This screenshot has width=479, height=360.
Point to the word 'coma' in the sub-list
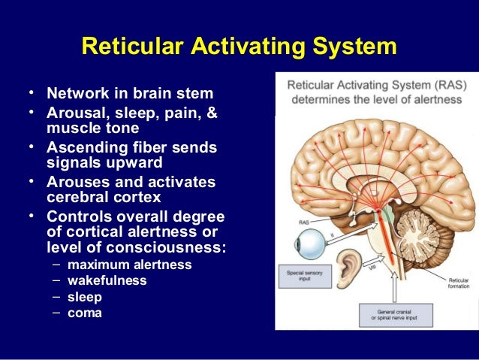[85, 312]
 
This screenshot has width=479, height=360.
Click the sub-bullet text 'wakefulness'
[107, 280]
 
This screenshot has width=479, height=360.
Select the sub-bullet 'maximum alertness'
[129, 265]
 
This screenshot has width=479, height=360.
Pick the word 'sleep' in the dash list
[84, 296]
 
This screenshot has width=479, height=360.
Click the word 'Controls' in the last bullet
[80, 217]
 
